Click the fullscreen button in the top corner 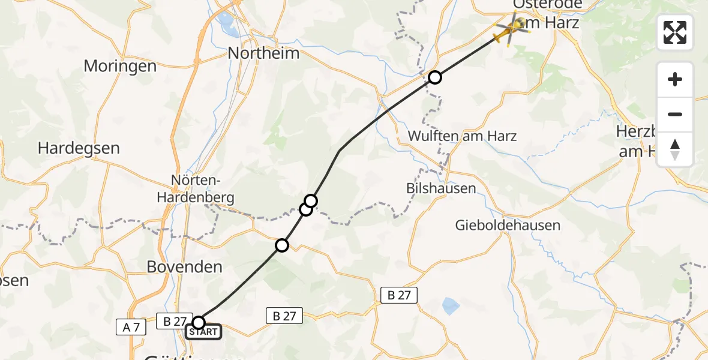(675, 32)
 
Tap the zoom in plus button (675, 79)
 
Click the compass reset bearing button (675, 149)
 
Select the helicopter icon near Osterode (511, 29)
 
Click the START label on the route (203, 332)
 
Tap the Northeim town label (263, 53)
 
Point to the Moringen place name (120, 66)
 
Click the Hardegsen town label (79, 148)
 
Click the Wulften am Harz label (462, 136)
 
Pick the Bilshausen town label (441, 188)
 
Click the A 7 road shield (131, 328)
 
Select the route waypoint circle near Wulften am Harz (435, 77)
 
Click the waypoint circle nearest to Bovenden (282, 245)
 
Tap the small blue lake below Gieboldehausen (451, 307)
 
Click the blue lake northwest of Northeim (227, 23)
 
